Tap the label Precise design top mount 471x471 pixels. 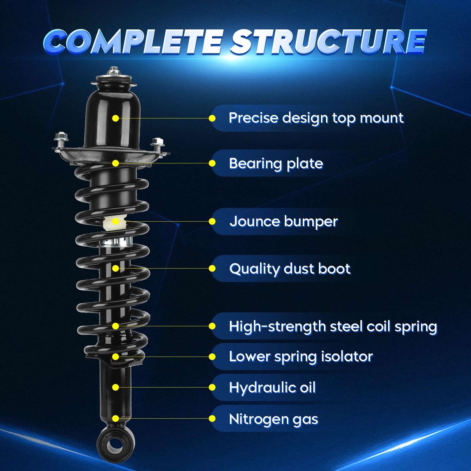click(x=316, y=118)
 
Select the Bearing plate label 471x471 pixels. click(x=276, y=163)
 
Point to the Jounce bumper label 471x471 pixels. click(x=283, y=221)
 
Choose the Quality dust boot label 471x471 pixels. click(x=290, y=269)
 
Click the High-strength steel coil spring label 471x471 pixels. click(x=333, y=326)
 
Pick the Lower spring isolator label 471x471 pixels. click(x=301, y=357)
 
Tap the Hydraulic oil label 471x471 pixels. click(x=272, y=387)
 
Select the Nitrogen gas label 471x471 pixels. click(x=273, y=419)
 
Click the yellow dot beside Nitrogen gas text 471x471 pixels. click(x=212, y=419)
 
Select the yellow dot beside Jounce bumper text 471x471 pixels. click(x=212, y=221)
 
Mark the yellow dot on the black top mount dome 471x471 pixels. click(x=116, y=118)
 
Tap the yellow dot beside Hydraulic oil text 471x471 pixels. click(x=212, y=387)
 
